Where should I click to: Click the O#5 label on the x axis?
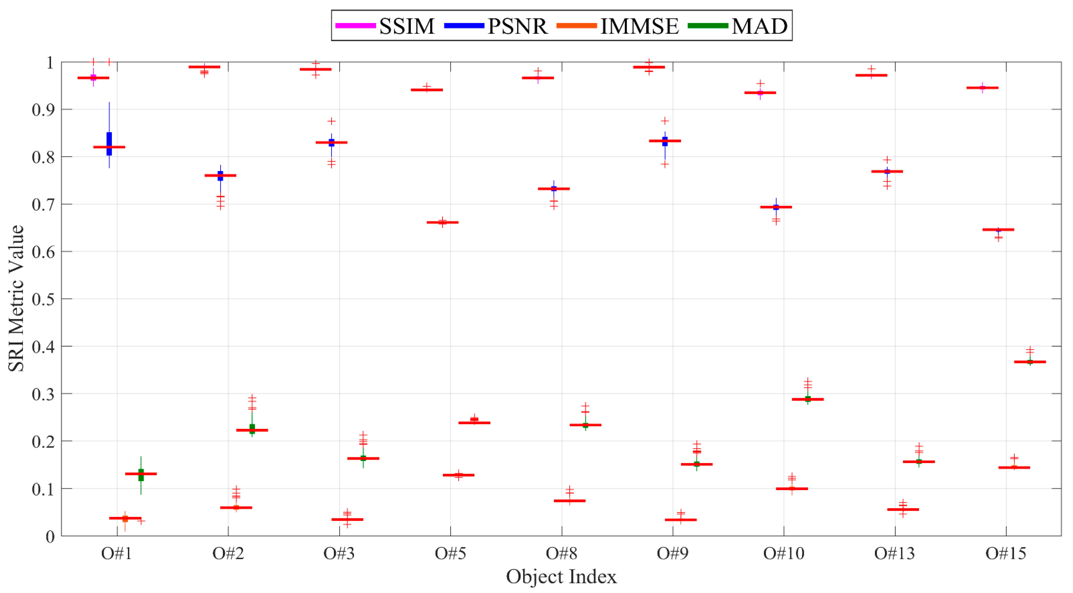pyautogui.click(x=450, y=553)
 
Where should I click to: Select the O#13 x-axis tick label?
pyautogui.click(x=895, y=553)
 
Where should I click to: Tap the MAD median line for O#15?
pyautogui.click(x=1030, y=362)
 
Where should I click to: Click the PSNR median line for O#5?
pyautogui.click(x=442, y=222)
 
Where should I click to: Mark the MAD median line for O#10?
pyautogui.click(x=808, y=399)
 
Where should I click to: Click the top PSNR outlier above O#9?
pyautogui.click(x=665, y=121)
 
